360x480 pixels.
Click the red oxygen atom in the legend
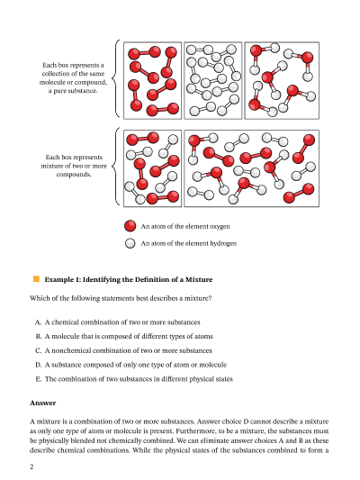click(x=130, y=226)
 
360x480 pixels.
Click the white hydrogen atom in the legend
click(x=130, y=243)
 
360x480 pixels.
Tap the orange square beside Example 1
click(x=36, y=279)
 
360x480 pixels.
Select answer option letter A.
click(x=38, y=322)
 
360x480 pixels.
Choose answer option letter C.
click(x=38, y=350)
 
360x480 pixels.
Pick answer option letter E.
click(x=38, y=379)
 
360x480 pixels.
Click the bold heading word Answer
click(x=43, y=403)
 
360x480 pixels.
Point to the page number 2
click(x=31, y=466)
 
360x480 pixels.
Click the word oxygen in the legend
click(x=220, y=227)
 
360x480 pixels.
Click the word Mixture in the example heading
click(x=199, y=279)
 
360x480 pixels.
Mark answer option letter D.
click(x=38, y=365)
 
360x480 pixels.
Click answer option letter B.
click(x=38, y=337)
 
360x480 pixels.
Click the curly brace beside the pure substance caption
click(x=114, y=78)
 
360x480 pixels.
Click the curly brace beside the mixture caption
click(x=114, y=167)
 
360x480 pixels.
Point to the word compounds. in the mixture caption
click(x=74, y=175)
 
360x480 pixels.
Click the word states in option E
click(x=225, y=379)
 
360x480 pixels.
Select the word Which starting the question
click(x=38, y=298)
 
